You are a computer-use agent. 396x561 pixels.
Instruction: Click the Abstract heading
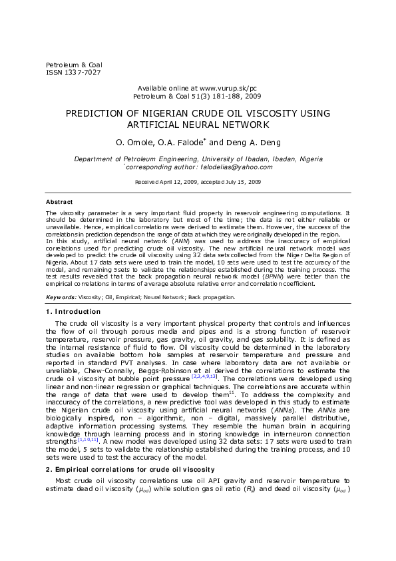[59, 201]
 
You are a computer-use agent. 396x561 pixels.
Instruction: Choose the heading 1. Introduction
[73, 312]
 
